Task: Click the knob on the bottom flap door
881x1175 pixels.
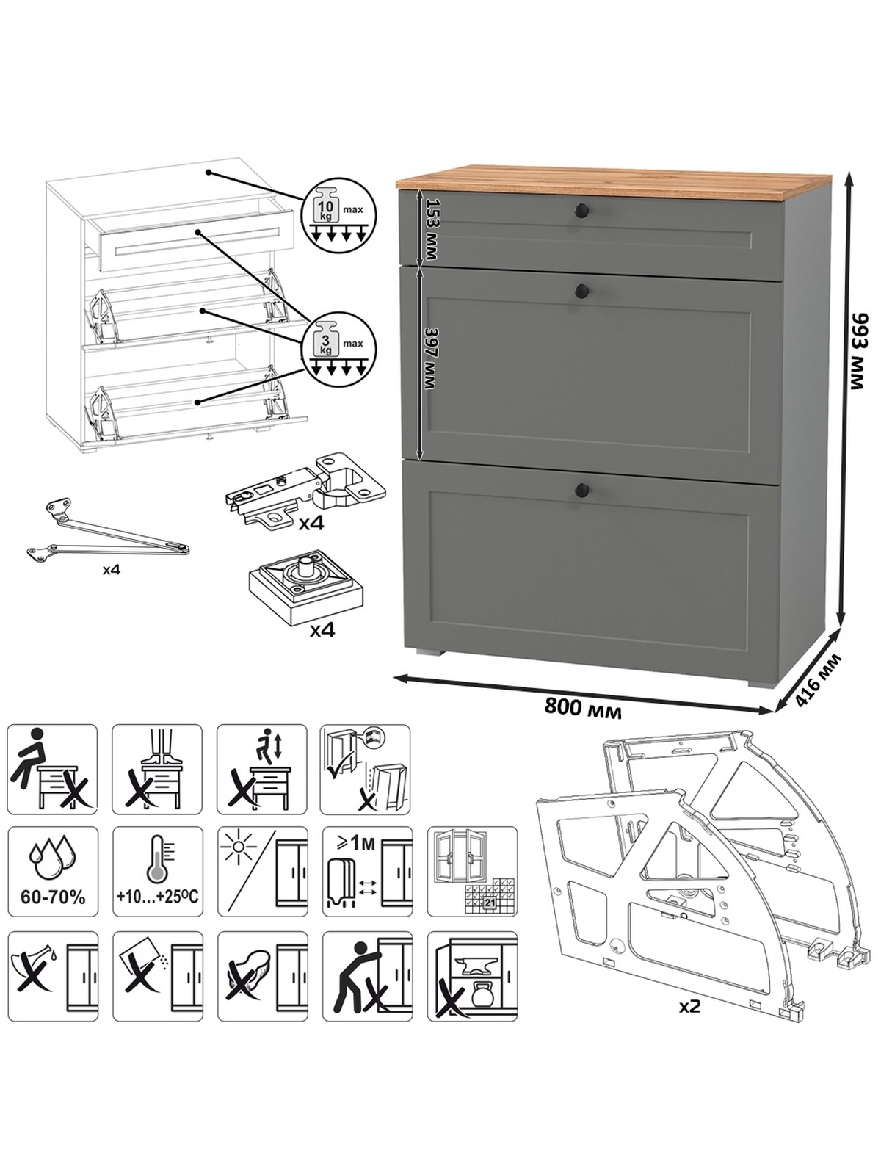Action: coord(583,489)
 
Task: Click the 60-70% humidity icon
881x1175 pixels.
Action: coord(52,872)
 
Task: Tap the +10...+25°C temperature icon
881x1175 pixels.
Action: coord(156,872)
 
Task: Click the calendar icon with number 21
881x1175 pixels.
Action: coord(472,872)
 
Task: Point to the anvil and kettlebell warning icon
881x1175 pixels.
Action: coord(472,976)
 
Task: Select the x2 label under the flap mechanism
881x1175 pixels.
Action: coord(689,1005)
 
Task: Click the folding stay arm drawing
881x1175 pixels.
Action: coord(109,531)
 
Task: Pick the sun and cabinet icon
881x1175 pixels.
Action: coord(262,872)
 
